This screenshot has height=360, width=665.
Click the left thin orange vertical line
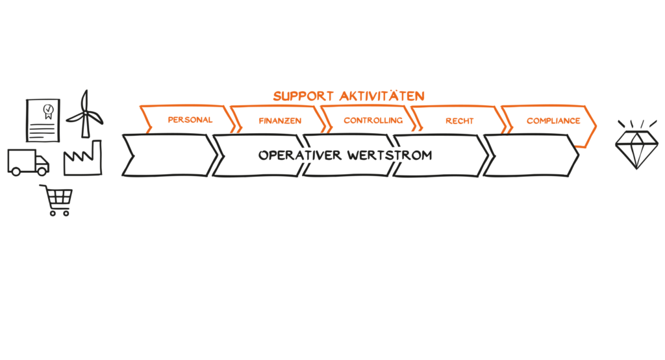[501, 153]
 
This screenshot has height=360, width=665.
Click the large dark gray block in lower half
[325, 260]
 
